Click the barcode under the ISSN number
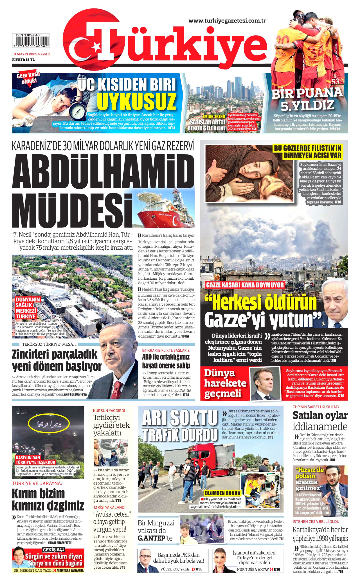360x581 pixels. coord(31,42)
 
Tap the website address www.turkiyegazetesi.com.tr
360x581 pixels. coord(227,21)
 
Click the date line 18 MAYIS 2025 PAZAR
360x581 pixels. coord(31,54)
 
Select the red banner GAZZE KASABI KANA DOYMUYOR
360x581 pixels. coord(245,285)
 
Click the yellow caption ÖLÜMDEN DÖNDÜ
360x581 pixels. coord(223,493)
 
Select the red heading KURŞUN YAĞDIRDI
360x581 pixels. coord(109,411)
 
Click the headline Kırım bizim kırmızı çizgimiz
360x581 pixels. coord(48,499)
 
